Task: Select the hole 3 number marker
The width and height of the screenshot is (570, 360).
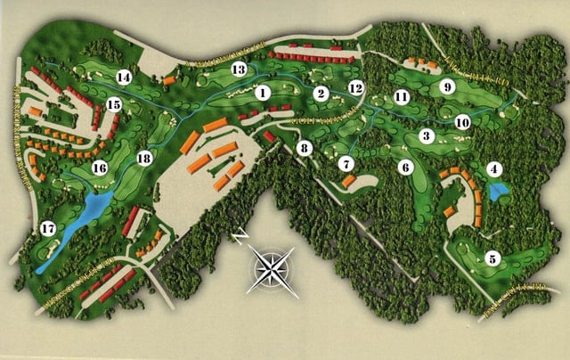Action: pos(427,136)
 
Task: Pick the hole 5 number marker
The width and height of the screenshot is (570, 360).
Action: pos(493,258)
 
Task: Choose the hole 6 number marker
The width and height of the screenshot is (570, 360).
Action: pos(406,167)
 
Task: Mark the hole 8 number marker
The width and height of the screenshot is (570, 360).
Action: pos(305,148)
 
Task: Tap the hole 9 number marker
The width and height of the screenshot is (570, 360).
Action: pos(448,86)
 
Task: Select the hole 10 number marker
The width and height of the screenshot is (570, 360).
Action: pos(461,121)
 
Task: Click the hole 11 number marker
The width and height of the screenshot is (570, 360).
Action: pos(402,96)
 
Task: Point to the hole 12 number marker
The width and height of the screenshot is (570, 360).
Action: pos(356,88)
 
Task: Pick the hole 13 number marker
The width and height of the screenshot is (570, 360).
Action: pos(239,70)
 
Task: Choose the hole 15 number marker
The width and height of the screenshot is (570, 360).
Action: pos(114,104)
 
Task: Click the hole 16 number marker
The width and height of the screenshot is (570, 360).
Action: pos(100,168)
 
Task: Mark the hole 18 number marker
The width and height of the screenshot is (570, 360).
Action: pos(144,159)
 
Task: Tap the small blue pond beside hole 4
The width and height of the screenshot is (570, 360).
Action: pos(499,190)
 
